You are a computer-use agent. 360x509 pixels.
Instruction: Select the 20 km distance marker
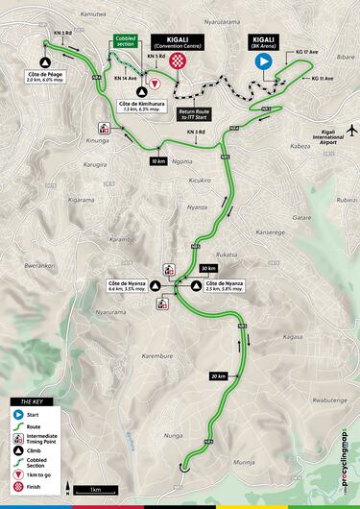[219, 376]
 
